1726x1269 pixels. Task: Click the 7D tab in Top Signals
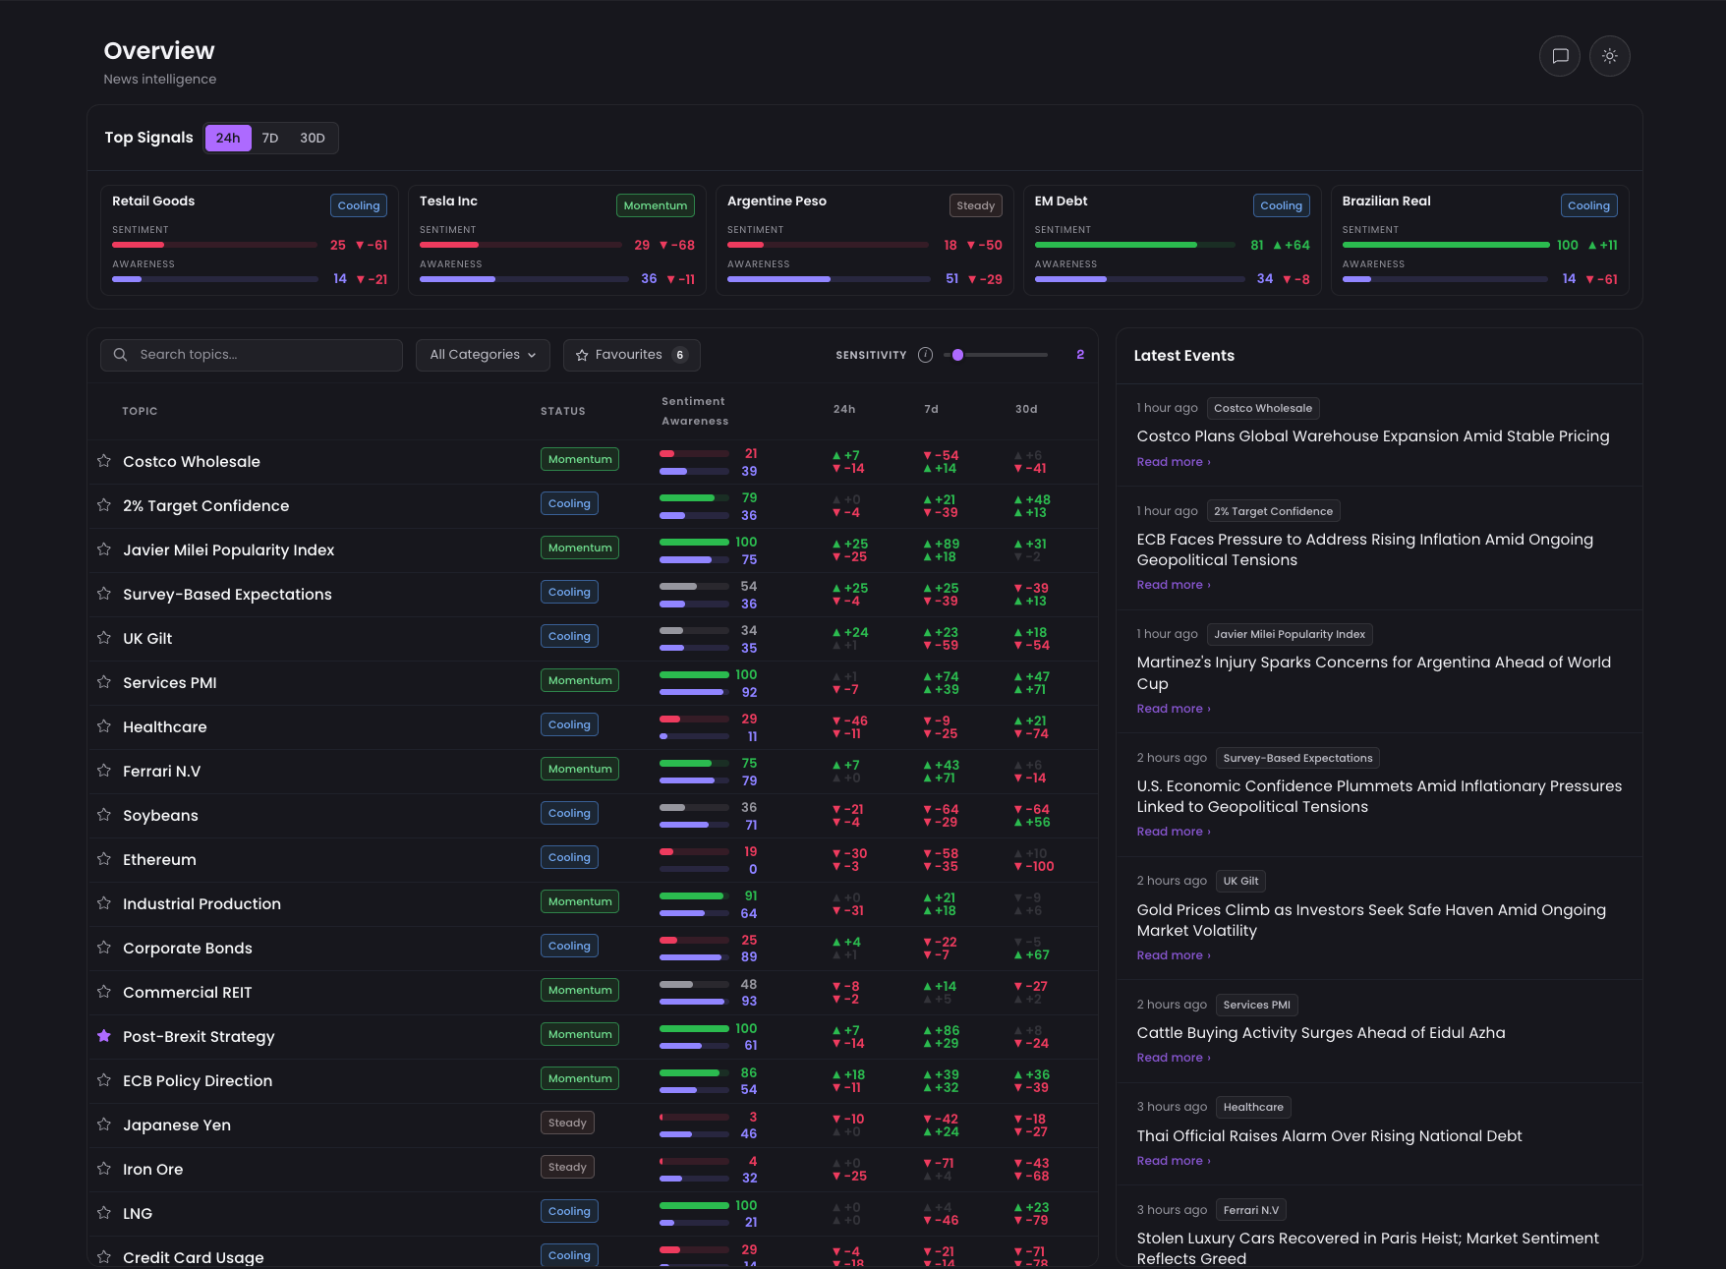[x=270, y=139]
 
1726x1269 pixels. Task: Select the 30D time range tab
[x=313, y=139]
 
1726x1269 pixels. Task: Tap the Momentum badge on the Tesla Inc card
[x=656, y=205]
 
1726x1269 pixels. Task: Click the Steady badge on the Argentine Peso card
[x=975, y=205]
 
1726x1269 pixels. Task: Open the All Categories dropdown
[x=483, y=355]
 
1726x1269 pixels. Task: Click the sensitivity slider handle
[x=958, y=355]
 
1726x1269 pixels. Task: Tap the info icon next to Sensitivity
[x=925, y=355]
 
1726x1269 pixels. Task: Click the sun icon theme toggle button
[x=1610, y=56]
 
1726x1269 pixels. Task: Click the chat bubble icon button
[x=1560, y=56]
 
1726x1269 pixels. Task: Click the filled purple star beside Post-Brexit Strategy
[x=104, y=1036]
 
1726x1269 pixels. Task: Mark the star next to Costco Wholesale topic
[x=104, y=461]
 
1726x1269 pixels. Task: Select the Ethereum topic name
[x=159, y=860]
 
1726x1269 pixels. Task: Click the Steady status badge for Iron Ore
[x=567, y=1167]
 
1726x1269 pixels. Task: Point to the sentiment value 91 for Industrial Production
[x=751, y=895]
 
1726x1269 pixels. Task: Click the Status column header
[x=563, y=411]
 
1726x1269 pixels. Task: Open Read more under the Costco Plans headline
[x=1174, y=462]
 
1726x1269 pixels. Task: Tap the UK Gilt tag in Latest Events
[x=1240, y=881]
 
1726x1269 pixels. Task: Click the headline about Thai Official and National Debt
[x=1329, y=1136]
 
